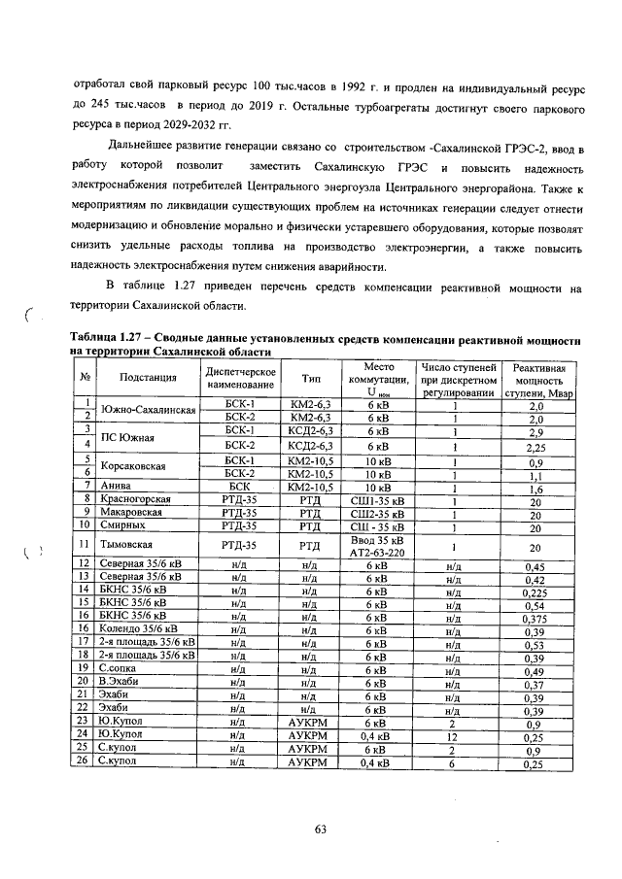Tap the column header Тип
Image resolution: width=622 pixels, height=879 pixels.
click(311, 378)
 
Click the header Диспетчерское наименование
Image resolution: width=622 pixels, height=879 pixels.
click(239, 378)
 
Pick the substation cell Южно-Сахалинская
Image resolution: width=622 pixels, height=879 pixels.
click(149, 410)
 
